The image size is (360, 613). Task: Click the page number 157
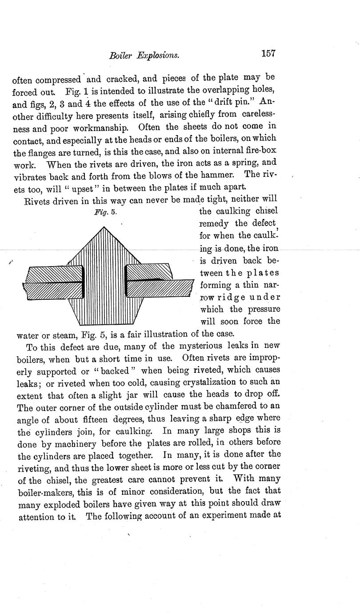click(269, 54)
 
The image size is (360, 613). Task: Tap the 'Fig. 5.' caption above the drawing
click(105, 212)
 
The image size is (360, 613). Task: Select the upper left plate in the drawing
click(54, 274)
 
